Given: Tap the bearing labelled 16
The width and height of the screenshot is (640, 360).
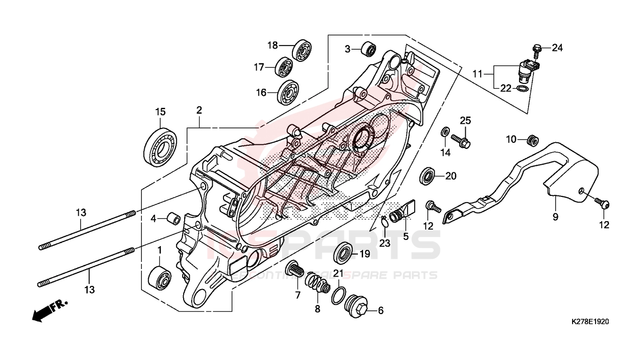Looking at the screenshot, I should point(286,93).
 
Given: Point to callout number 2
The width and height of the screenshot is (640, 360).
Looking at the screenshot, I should point(199,111).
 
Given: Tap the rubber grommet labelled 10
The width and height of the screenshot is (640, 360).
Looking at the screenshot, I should point(532,139).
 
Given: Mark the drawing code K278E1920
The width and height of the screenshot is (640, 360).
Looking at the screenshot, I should point(590,322).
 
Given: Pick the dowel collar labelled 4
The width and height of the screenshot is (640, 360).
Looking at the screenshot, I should point(174,219).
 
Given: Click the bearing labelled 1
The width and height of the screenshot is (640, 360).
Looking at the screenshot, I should point(159,280).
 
